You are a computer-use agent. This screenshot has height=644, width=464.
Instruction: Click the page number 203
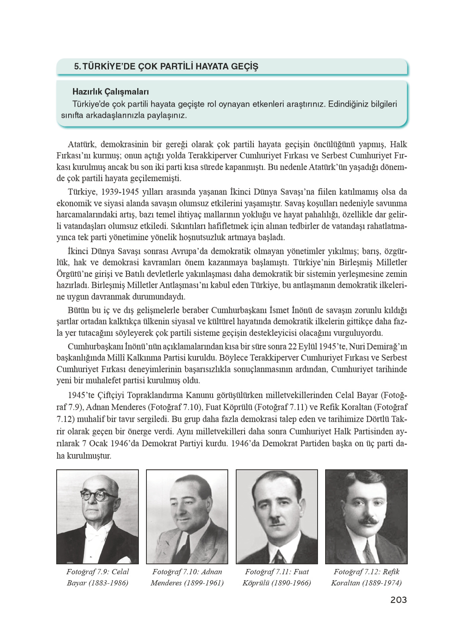click(398, 600)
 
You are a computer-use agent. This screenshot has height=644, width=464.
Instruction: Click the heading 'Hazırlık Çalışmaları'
click(105, 92)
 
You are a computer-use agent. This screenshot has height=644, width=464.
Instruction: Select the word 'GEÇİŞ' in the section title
click(245, 66)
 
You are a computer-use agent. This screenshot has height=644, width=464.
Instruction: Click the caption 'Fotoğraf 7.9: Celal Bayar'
click(98, 577)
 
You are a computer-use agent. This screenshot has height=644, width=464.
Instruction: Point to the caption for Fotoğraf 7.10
click(187, 577)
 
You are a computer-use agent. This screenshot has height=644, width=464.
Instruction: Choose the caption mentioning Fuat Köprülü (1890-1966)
click(276, 577)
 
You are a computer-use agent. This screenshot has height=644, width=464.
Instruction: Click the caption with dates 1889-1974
click(366, 577)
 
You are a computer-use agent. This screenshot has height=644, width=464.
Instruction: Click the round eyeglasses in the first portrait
click(98, 496)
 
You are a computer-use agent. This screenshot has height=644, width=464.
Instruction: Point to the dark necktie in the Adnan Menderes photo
click(184, 548)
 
